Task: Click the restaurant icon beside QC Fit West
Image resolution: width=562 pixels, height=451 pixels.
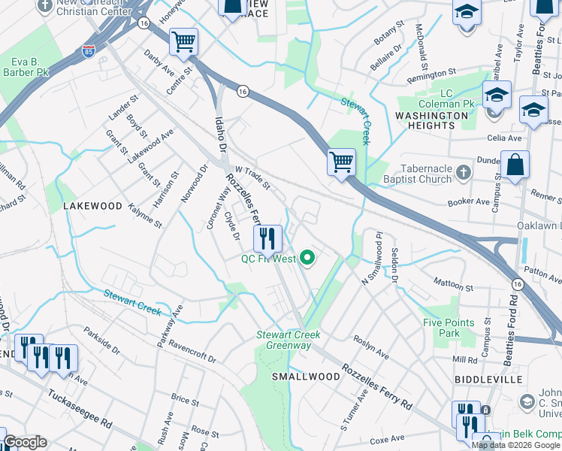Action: [267, 239]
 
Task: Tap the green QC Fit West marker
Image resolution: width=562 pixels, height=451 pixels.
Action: [307, 259]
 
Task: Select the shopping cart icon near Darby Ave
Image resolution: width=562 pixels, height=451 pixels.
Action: [183, 42]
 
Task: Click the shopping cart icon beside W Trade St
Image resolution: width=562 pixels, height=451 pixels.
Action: [341, 160]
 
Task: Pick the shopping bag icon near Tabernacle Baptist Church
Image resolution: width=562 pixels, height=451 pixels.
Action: [515, 165]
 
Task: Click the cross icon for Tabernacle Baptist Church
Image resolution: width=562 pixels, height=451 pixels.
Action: [464, 172]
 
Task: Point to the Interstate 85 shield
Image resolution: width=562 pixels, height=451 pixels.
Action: [88, 52]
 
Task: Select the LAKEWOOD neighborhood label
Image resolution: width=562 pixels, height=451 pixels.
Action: [92, 205]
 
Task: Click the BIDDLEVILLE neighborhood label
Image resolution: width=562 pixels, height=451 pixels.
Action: [488, 380]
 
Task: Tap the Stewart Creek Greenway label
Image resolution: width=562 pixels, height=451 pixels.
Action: [289, 340]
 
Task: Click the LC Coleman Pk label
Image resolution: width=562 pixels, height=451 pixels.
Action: [457, 98]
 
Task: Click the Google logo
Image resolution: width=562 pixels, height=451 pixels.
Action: [24, 442]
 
